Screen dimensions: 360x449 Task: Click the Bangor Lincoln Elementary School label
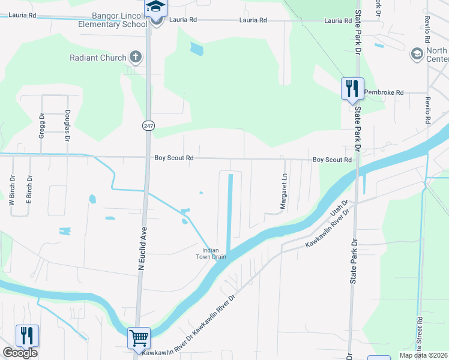(x=112, y=19)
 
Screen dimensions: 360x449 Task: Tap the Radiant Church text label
(x=98, y=58)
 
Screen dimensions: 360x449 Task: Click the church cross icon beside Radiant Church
(x=136, y=58)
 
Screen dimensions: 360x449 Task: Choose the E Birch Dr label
(x=28, y=187)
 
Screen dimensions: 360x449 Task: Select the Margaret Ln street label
(x=284, y=192)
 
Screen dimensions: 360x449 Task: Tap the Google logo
(x=20, y=353)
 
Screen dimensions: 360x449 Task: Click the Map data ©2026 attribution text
(x=423, y=355)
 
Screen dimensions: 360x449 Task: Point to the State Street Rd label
(x=419, y=335)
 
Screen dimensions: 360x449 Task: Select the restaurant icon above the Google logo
(x=26, y=335)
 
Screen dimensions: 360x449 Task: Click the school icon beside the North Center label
(x=416, y=55)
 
